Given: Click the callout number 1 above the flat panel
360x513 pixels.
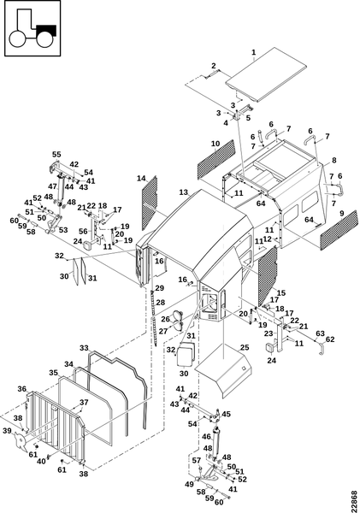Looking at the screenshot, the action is (x=254, y=52).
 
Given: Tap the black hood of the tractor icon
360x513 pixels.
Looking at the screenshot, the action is (x=46, y=31).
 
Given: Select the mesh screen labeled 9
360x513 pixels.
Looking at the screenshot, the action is (x=339, y=230).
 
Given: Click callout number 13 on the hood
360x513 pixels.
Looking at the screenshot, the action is (x=184, y=192).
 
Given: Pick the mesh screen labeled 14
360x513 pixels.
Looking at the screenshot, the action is (x=150, y=203).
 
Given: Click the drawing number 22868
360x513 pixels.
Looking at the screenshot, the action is (x=355, y=501).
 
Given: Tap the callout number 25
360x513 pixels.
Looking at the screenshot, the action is (x=245, y=347).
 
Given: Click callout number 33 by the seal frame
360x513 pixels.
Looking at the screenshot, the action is (x=84, y=347).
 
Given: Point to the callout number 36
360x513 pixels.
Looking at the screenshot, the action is (x=22, y=389).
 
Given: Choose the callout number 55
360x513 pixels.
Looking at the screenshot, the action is (x=56, y=155).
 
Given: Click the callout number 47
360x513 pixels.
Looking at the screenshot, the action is (x=53, y=186).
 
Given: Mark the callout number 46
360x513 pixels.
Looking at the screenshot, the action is (x=206, y=436).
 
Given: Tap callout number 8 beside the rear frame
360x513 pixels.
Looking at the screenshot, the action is (x=333, y=161).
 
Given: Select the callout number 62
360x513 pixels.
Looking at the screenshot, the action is (x=330, y=339).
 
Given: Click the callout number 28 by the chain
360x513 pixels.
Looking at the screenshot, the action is (x=161, y=303).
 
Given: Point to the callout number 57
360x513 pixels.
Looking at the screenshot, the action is (x=197, y=461).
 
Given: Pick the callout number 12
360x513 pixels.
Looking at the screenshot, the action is (x=268, y=239).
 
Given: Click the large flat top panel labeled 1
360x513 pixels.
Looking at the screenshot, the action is (x=267, y=75).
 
